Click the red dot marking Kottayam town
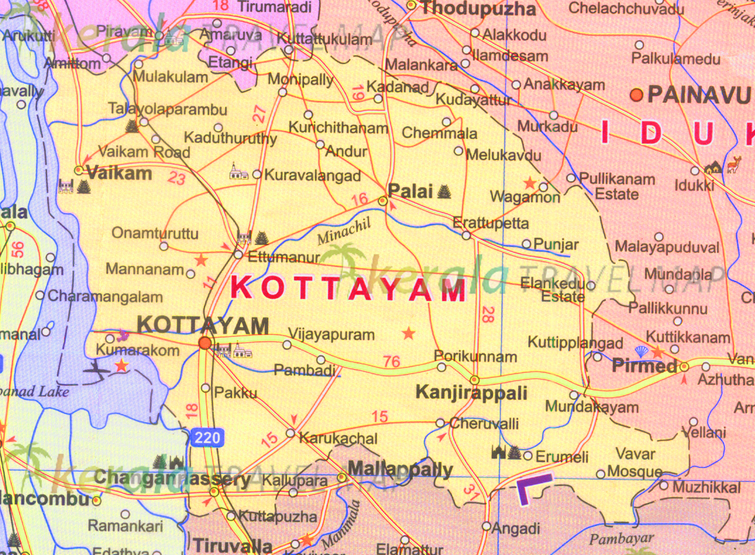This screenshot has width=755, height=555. (x=205, y=343)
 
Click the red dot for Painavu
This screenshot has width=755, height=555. (x=636, y=94)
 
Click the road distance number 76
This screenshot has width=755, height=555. (x=391, y=362)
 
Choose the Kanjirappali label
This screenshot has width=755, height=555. (x=471, y=393)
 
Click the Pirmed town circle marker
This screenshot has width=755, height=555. (x=684, y=367)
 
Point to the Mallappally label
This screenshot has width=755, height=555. (x=400, y=469)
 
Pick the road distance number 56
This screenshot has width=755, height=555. (x=18, y=249)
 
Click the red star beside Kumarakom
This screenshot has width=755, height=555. (x=122, y=365)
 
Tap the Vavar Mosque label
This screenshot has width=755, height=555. (x=635, y=463)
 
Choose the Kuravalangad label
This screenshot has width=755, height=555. (x=313, y=176)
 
